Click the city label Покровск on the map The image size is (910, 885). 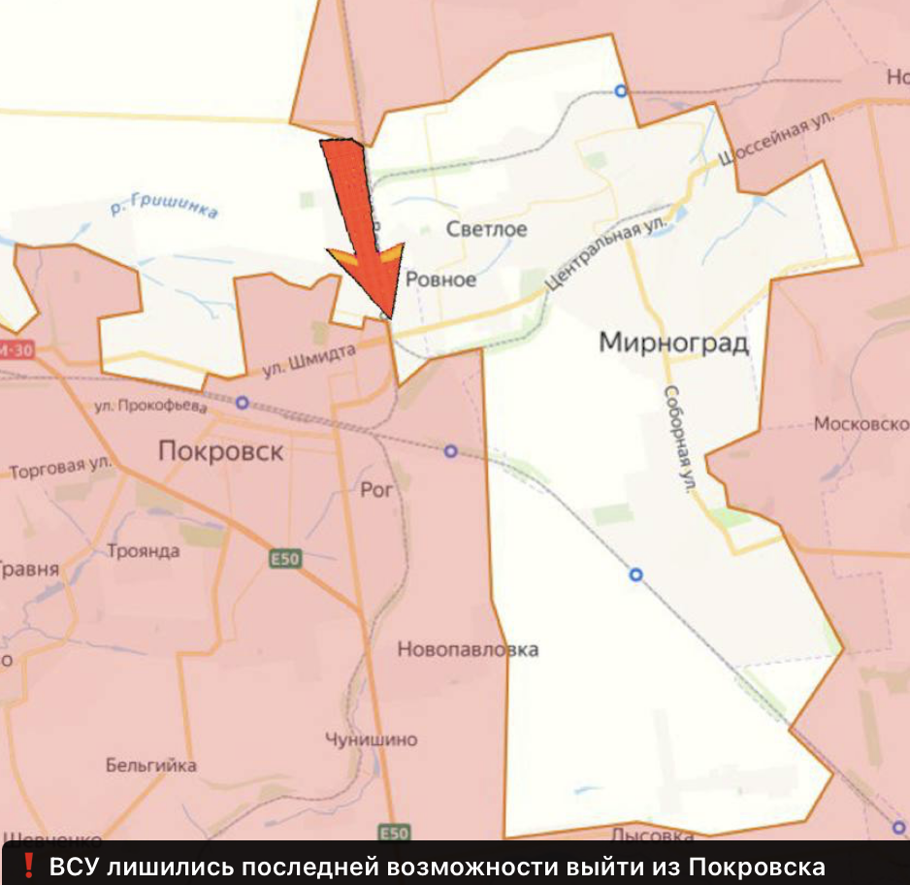coord(220,451)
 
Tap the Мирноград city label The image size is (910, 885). coord(673,343)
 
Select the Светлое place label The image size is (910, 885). coord(486,230)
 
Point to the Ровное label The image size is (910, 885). coord(440,279)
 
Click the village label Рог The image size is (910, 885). coord(376,490)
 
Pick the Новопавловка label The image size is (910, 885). coord(468,650)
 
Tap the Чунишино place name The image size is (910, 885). coord(372,739)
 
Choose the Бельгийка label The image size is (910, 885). coord(150,766)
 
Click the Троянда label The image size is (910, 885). coord(144,551)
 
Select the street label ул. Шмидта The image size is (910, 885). coord(309,363)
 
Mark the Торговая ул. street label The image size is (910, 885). coord(60,470)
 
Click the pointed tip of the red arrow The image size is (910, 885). coord(391,317)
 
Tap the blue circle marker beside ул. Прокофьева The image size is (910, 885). coord(242,402)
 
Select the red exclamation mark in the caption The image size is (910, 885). coord(28,866)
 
